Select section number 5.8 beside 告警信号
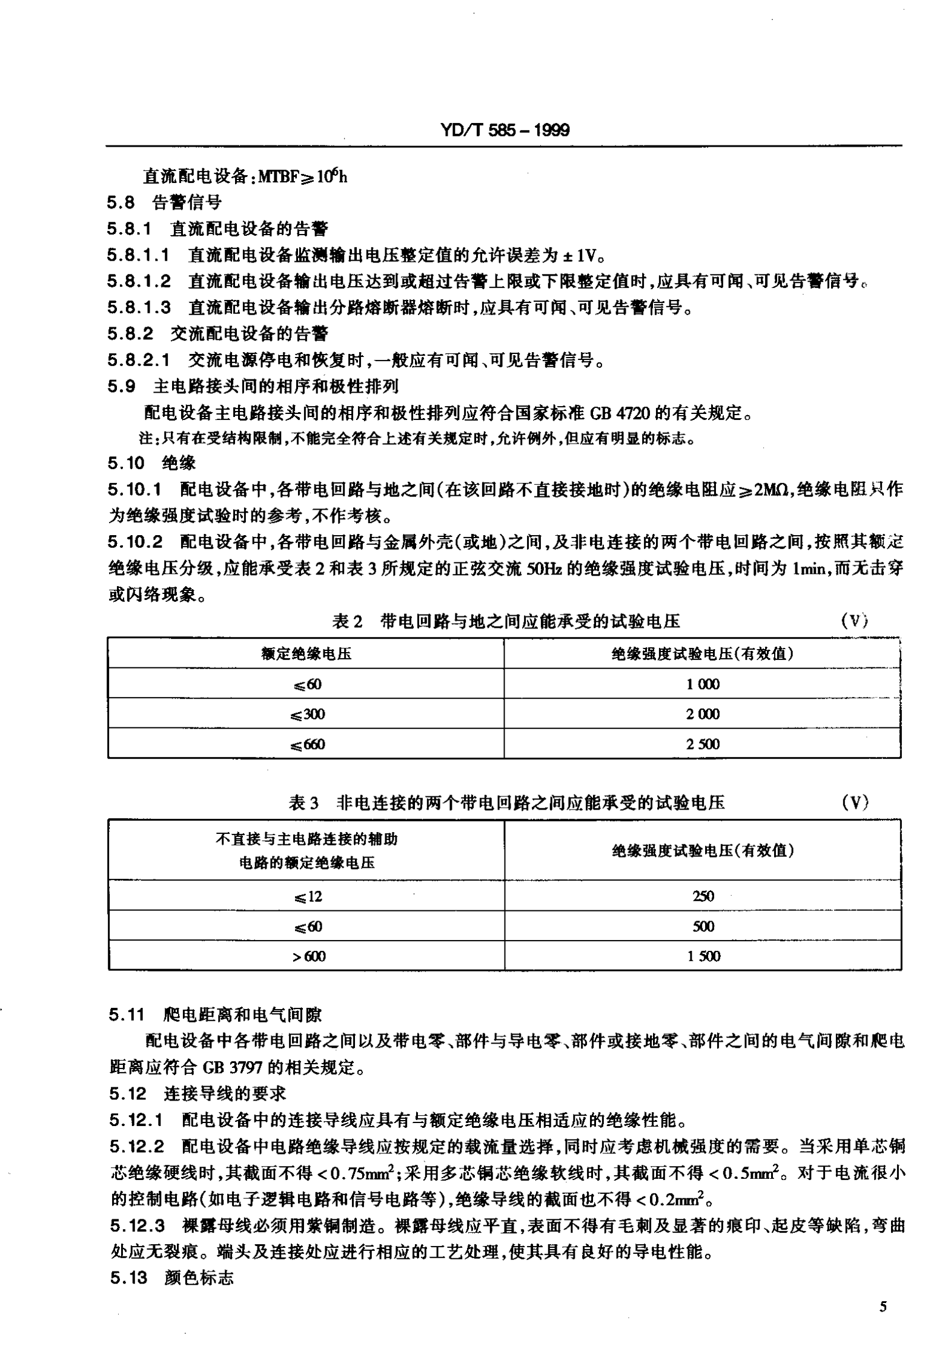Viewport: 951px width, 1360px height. pos(121,203)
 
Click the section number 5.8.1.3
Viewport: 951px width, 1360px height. pos(139,308)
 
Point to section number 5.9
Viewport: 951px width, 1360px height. pos(121,386)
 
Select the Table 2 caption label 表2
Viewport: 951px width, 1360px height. pos(347,621)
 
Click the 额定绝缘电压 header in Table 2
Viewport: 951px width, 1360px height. pos(306,653)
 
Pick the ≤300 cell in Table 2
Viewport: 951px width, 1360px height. pos(308,714)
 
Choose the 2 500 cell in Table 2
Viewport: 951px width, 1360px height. pos(703,744)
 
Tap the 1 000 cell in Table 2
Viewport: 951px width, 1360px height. pos(703,684)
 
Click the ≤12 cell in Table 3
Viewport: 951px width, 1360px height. pos(307,896)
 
